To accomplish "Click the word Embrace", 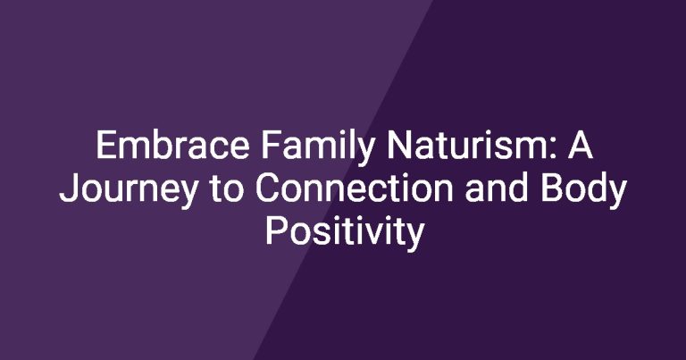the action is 172,145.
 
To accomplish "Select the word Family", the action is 318,148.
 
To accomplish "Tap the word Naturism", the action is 465,145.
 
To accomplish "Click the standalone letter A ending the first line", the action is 580,145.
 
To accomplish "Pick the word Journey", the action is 129,190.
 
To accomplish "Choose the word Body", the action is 584,190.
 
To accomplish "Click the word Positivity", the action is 345,233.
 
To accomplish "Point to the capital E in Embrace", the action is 106,145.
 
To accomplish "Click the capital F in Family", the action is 272,145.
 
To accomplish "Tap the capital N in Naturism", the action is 398,145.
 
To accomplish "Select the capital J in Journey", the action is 69,188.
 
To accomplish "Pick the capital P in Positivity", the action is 276,230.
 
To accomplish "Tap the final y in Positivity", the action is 414,237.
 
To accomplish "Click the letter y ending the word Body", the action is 617,194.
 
